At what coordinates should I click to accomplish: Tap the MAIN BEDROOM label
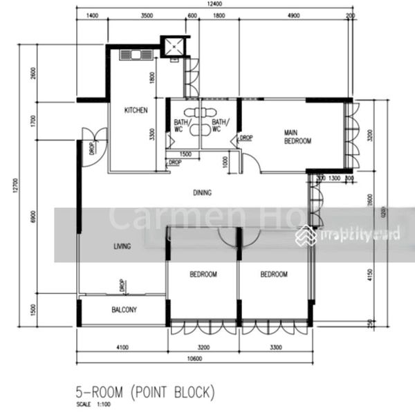(x=297, y=136)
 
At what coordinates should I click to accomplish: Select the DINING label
(x=202, y=193)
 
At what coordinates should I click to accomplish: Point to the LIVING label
(x=124, y=246)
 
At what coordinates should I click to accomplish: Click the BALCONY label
(x=123, y=310)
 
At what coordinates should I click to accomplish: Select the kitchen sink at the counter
(x=131, y=54)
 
